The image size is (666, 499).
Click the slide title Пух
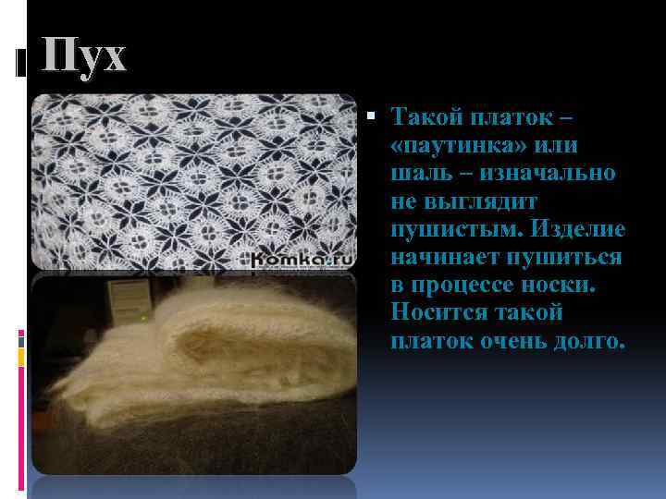coord(84,58)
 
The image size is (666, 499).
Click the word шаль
coord(420,174)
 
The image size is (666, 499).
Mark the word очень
coord(506,340)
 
